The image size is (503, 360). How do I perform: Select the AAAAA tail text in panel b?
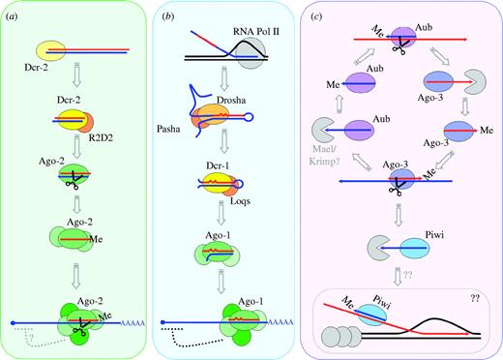click(x=299, y=313)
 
